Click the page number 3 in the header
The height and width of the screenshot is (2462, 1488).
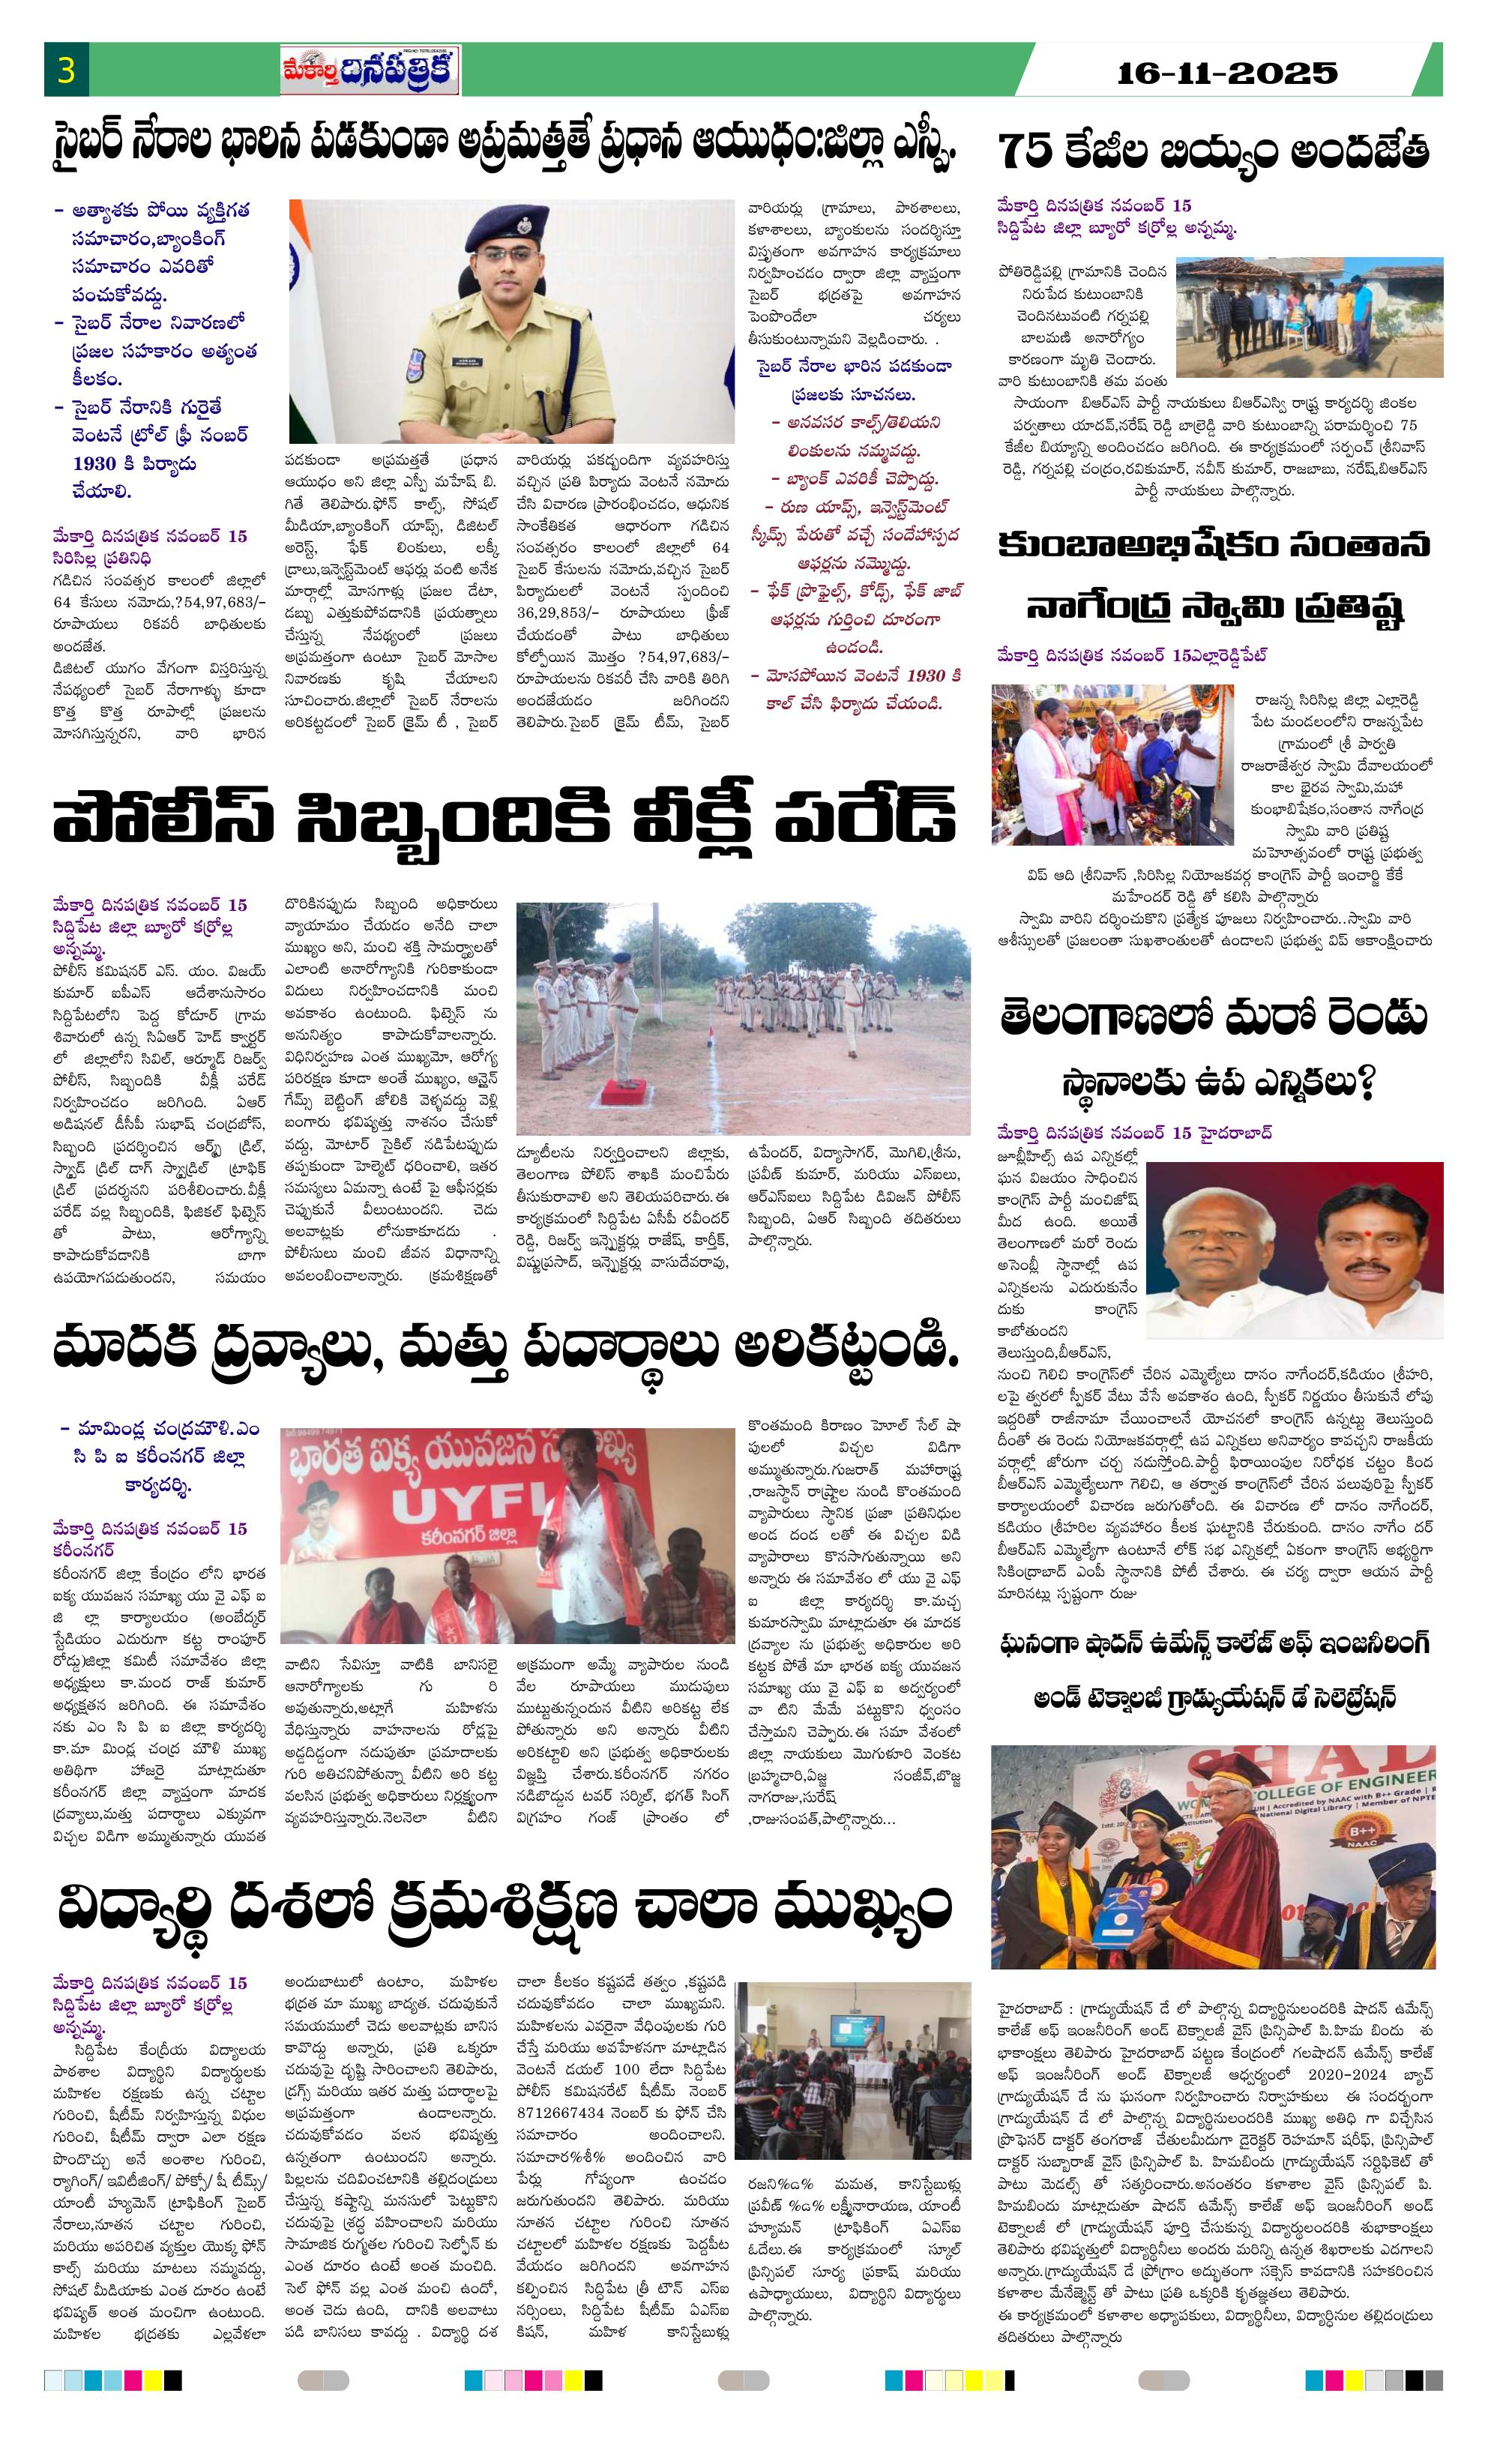(x=66, y=72)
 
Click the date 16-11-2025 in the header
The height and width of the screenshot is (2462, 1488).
(x=1225, y=72)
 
